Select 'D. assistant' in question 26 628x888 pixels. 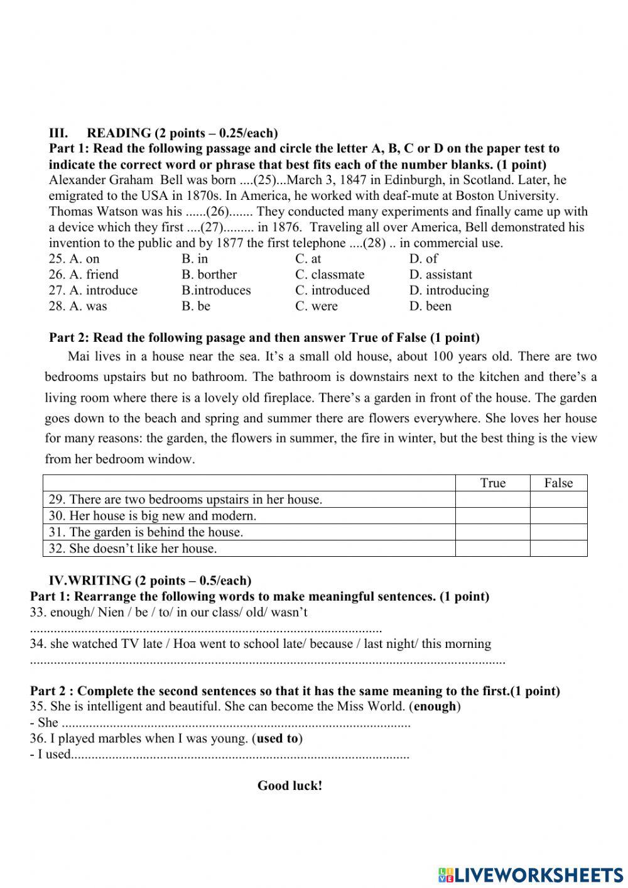point(440,275)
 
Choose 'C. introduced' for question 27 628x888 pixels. point(332,290)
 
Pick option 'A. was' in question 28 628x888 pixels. point(78,306)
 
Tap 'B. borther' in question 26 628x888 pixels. point(209,275)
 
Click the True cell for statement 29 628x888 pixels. point(492,500)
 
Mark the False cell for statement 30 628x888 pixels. point(558,516)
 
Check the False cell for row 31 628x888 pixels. point(558,532)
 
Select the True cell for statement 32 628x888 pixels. point(492,549)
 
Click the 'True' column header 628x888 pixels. point(492,483)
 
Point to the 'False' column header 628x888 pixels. point(558,483)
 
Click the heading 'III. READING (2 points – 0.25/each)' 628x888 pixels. point(163,133)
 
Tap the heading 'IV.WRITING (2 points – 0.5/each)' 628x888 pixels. point(150,581)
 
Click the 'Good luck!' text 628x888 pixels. point(290,786)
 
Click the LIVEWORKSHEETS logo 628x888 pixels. point(531,874)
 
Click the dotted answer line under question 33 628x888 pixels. point(205,629)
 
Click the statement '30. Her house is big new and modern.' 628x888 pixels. point(153,516)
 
